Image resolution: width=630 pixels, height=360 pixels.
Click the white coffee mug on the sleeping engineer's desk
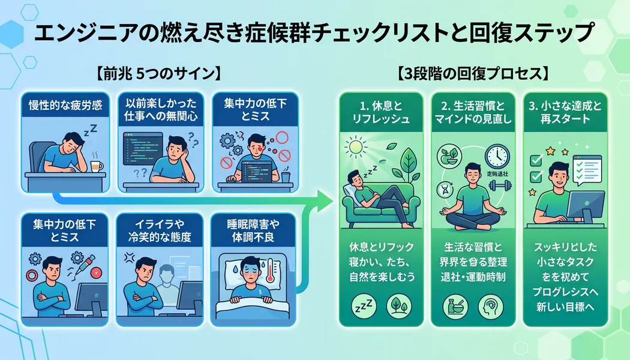(x=95, y=163)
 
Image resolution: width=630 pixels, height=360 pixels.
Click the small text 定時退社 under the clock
(x=497, y=174)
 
